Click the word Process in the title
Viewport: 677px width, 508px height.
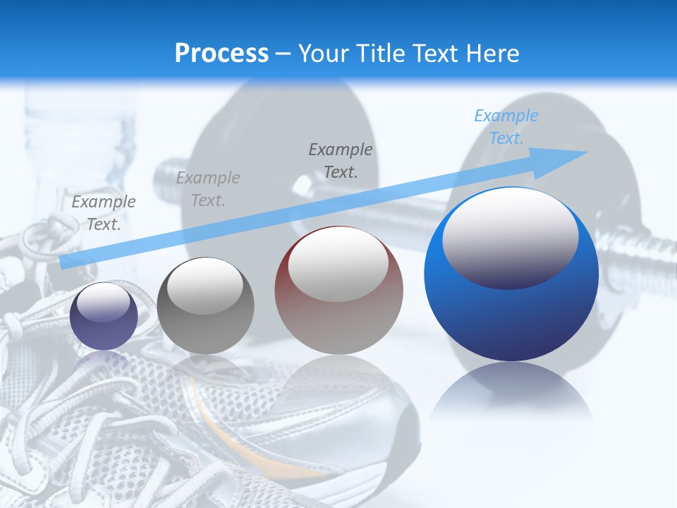(221, 53)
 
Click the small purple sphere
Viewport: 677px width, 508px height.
(104, 316)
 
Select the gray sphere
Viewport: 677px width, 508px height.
(205, 306)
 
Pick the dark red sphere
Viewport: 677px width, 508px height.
(338, 291)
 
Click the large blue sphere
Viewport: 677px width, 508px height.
(511, 275)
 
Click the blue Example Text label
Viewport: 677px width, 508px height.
(506, 127)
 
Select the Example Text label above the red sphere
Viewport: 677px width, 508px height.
(341, 160)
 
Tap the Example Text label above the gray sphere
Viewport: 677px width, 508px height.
(208, 189)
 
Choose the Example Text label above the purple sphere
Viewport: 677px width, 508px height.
(104, 212)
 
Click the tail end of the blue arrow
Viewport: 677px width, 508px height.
(65, 262)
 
